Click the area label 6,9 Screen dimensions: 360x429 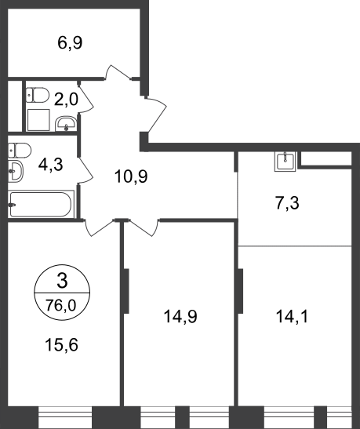click(70, 43)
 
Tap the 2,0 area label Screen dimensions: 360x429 click(66, 99)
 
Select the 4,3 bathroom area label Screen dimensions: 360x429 click(51, 165)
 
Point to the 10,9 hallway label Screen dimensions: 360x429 click(131, 176)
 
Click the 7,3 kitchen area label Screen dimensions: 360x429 click(287, 203)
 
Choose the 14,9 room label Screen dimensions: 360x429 click(180, 317)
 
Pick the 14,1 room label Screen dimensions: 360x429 click(292, 317)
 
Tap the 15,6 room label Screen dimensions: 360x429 click(61, 344)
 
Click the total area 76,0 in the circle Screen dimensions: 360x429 click(61, 305)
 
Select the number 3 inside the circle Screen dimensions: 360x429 click(62, 281)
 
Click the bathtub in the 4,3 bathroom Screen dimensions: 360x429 click(41, 204)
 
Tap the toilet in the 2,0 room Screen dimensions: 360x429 click(38, 95)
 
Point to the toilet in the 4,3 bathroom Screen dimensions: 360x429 click(20, 151)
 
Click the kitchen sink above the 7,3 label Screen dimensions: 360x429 click(285, 162)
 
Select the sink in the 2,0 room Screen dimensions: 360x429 click(66, 124)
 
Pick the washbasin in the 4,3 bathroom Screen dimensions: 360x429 click(16, 171)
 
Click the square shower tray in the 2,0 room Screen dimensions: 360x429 click(38, 120)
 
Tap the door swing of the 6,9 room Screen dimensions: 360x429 click(118, 73)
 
